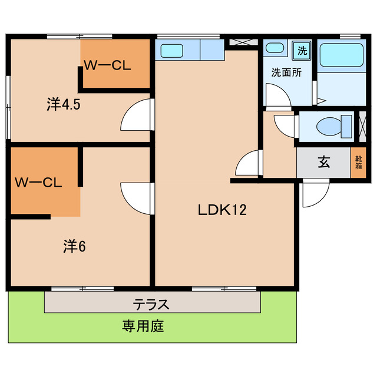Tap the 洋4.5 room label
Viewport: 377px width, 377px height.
click(x=64, y=105)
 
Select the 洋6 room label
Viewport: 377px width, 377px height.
click(x=75, y=247)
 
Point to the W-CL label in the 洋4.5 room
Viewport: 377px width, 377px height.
click(x=107, y=65)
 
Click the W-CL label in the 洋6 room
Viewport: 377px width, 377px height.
click(x=38, y=182)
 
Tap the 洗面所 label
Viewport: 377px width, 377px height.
click(x=286, y=73)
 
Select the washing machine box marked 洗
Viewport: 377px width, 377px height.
click(x=302, y=51)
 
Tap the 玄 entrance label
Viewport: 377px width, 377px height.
click(x=324, y=163)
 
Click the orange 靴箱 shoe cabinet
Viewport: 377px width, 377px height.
click(x=358, y=163)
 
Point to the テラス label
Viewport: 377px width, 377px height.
click(x=151, y=304)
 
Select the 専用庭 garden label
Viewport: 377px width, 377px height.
click(x=143, y=325)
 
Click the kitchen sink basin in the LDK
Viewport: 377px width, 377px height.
click(x=172, y=51)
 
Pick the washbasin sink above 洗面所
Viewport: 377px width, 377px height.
click(x=275, y=49)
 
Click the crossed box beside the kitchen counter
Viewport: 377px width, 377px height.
click(x=242, y=42)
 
